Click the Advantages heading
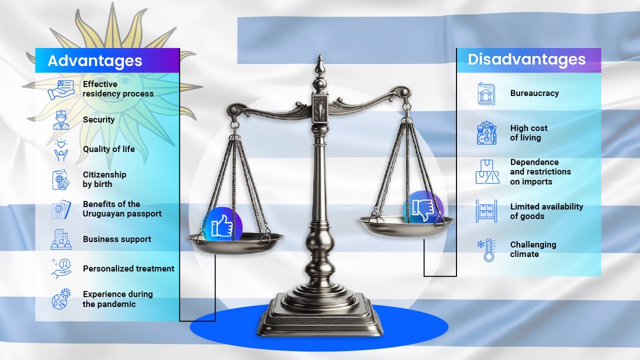coord(95,61)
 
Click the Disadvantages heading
coord(526,59)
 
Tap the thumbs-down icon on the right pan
coord(423,210)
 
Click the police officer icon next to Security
coord(61,120)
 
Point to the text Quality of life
coord(109,149)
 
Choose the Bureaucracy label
coord(534,93)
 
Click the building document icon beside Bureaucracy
coord(486,93)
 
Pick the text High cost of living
coord(529,133)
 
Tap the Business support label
coord(117,239)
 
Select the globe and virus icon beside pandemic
coord(61,299)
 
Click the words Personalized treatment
coord(128,268)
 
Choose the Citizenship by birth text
coord(104,179)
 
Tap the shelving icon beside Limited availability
coord(486,211)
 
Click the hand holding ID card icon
coord(61,89)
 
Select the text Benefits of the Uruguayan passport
coord(122,209)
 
